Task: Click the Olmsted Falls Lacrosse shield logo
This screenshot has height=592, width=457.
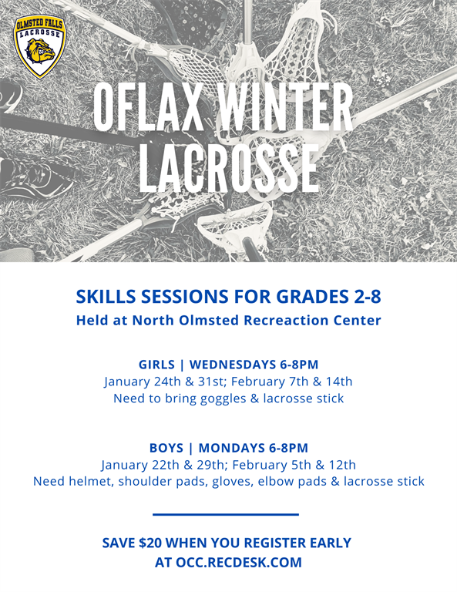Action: pyautogui.click(x=40, y=46)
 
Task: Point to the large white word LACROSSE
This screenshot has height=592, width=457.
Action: pyautogui.click(x=229, y=167)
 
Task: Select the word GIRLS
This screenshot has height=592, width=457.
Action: pyautogui.click(x=156, y=365)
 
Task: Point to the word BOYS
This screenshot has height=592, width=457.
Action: pyautogui.click(x=166, y=448)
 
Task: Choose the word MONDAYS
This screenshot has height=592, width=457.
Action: pyautogui.click(x=232, y=448)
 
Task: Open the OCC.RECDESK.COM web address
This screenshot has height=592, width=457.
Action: pyautogui.click(x=239, y=562)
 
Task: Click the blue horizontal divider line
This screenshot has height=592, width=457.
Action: pyautogui.click(x=226, y=514)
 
